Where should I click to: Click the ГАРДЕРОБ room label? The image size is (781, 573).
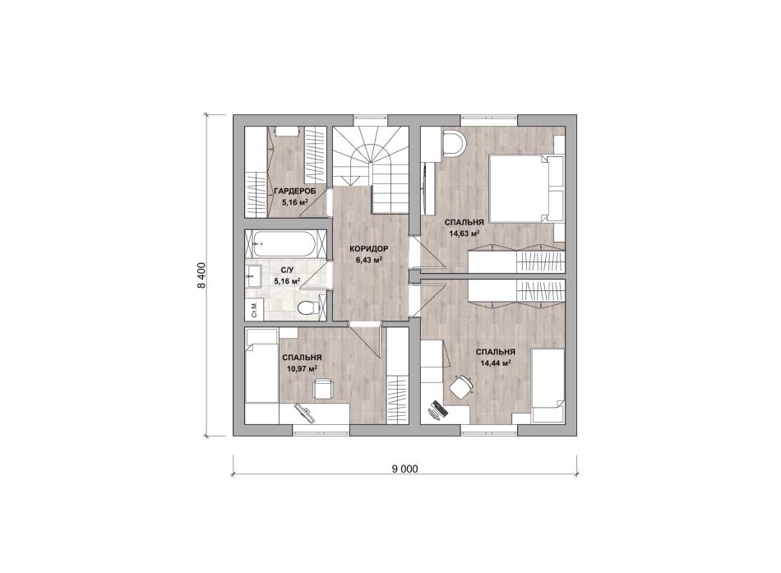pos(295,191)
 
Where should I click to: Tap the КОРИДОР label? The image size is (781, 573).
pos(368,248)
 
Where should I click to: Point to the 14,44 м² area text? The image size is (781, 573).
pos(495,363)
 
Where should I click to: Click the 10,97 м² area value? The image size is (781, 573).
pos(303,369)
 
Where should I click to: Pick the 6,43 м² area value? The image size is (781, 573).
pos(368,260)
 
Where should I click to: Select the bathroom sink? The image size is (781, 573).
pos(253,275)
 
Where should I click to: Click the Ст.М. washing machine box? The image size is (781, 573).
pos(254,309)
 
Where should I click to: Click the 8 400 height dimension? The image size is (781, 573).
pos(201,275)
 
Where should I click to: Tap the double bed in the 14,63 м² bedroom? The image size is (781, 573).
pos(526,189)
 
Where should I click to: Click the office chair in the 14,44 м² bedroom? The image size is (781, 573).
pos(461,386)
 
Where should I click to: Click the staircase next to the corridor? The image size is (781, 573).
pos(371,169)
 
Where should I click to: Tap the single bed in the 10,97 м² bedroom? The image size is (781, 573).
pos(261,366)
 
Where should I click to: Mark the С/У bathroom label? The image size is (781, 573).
pos(288,270)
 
